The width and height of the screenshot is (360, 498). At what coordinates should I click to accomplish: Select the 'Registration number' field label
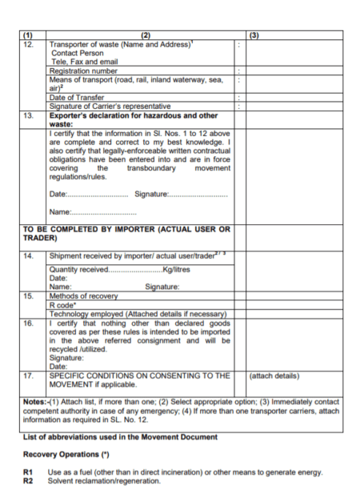tap(83, 70)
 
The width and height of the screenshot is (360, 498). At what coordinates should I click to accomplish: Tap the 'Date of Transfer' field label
tap(77, 97)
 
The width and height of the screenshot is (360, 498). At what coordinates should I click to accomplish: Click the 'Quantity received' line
tap(119, 270)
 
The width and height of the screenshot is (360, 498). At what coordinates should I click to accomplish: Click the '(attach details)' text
tap(274, 375)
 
